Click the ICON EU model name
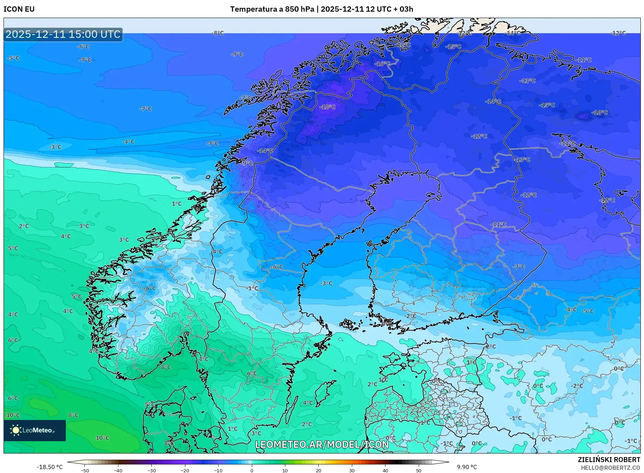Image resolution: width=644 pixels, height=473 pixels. tap(19, 9)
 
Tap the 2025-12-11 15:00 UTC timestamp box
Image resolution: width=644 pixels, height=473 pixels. tap(63, 34)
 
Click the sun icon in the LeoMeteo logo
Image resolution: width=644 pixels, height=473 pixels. tap(16, 430)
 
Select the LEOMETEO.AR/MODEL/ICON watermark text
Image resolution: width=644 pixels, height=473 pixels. tap(322, 444)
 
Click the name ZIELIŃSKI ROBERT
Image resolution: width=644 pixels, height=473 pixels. tap(609, 460)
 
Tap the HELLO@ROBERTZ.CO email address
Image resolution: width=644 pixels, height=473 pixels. tap(610, 467)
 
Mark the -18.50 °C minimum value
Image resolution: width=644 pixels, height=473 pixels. tap(50, 467)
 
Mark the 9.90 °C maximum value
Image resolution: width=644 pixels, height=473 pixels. tap(466, 467)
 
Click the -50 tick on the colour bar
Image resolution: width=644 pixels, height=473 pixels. tap(85, 470)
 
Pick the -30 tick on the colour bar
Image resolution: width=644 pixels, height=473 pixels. tap(151, 470)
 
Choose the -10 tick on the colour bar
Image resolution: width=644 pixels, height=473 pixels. tap(218, 470)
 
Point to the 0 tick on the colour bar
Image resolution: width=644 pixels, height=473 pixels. tap(252, 470)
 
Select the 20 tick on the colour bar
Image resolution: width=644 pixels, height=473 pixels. tap(318, 470)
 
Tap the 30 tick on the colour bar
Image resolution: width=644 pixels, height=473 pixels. tap(352, 470)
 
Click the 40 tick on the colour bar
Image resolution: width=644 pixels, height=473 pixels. tap(385, 470)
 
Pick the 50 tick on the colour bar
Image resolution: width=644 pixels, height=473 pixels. tap(419, 470)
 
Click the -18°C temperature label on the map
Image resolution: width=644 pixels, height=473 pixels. tap(327, 107)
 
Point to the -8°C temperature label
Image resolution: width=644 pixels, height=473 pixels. tap(217, 33)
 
